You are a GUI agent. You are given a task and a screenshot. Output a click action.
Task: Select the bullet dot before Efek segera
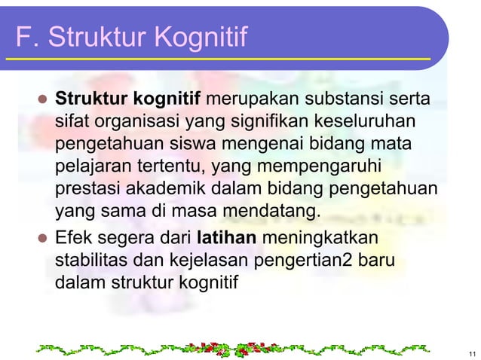[x=41, y=240]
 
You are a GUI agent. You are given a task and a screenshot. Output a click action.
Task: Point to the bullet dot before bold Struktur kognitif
[x=41, y=99]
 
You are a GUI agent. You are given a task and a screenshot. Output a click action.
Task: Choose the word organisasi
[x=127, y=121]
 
